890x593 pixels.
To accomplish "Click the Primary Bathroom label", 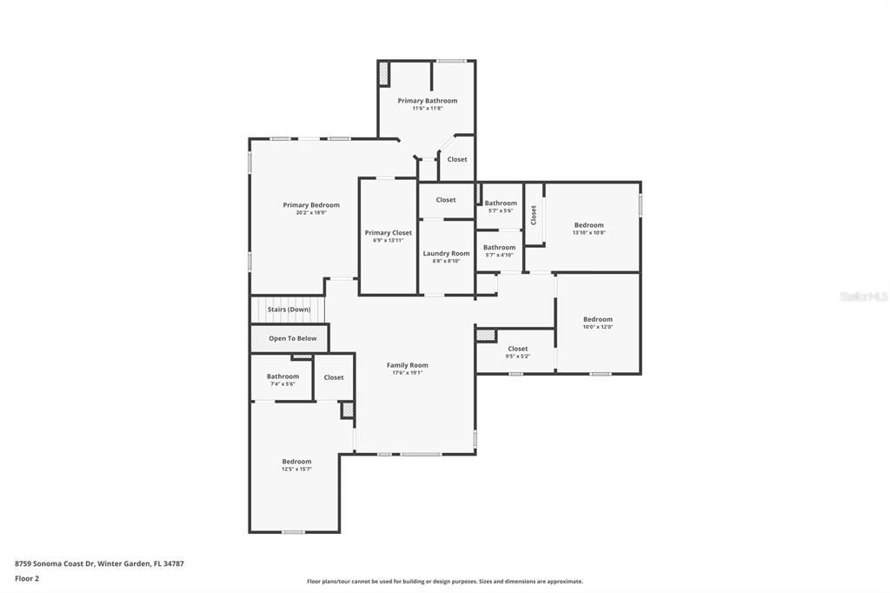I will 427,101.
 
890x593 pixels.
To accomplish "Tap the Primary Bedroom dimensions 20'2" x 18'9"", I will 311,213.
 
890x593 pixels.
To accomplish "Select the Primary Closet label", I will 389,233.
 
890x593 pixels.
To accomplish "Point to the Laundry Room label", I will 446,253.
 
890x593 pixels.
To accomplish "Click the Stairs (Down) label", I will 289,310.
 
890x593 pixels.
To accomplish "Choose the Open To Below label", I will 292,338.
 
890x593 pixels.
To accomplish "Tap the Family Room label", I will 407,365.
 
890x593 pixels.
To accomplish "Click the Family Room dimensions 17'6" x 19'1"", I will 407,373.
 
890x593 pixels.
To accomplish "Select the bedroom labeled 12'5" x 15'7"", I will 296,462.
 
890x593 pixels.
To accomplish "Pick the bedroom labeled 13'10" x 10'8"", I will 588,225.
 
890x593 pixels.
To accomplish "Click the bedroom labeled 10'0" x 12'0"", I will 597,319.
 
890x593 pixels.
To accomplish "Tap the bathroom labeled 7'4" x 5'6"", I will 282,376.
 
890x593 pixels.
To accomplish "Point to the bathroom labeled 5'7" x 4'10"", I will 499,247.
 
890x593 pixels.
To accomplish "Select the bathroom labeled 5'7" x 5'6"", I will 501,203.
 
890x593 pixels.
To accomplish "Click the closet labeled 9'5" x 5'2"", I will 517,349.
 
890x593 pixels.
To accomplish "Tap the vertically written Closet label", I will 534,215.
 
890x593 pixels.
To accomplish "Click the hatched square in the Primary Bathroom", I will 383,74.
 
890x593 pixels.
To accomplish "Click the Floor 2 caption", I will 27,578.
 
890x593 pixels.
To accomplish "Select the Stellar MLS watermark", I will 863,296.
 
